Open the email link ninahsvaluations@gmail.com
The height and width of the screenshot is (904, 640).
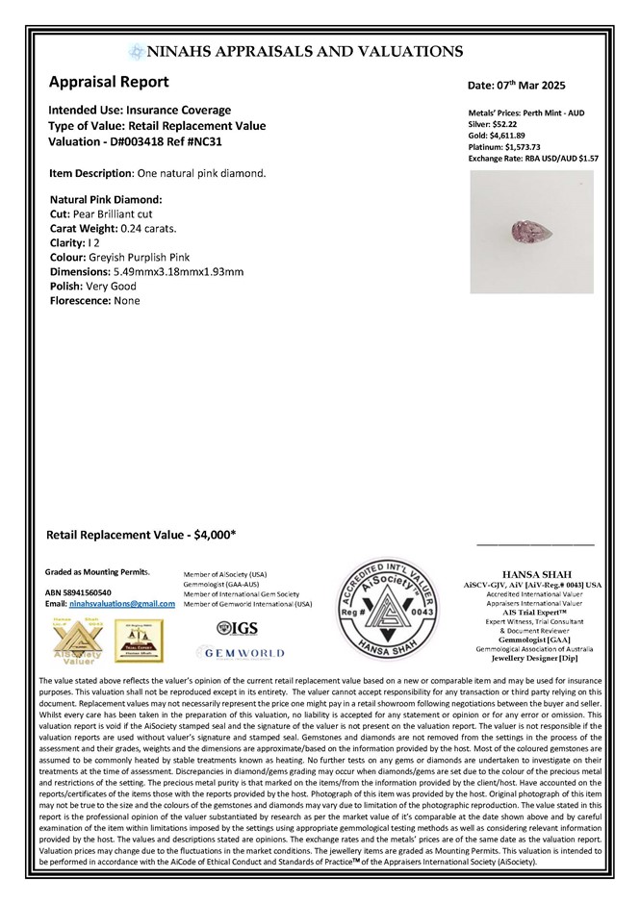point(126,603)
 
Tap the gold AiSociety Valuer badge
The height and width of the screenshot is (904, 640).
point(72,639)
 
